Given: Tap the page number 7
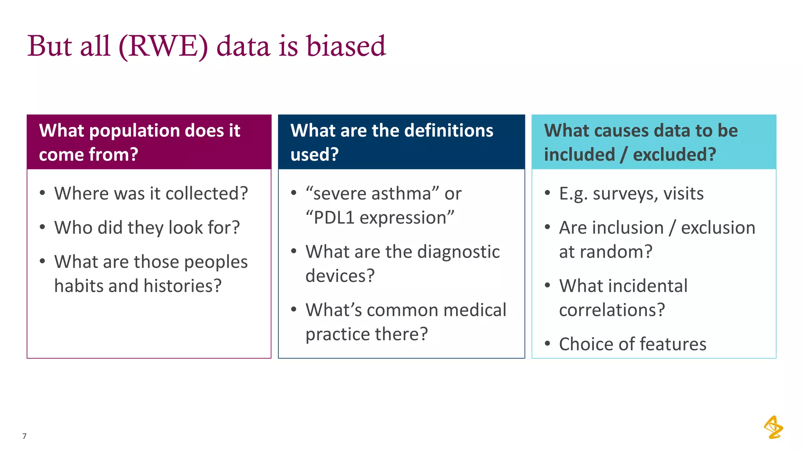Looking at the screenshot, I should click(x=24, y=436).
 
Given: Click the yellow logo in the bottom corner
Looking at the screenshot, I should click(x=773, y=427).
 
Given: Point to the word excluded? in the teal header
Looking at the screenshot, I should click(x=674, y=155).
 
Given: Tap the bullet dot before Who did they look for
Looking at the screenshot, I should click(x=42, y=227).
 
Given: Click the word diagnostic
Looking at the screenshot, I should click(x=458, y=252).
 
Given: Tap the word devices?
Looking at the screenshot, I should click(x=340, y=276).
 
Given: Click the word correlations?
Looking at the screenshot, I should click(x=612, y=310).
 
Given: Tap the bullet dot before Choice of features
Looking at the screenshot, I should click(x=547, y=344).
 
